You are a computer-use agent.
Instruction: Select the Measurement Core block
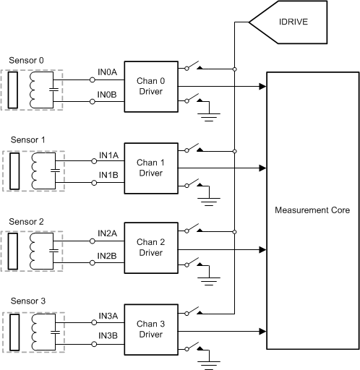(x=312, y=210)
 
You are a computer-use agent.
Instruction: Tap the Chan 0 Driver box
(x=150, y=87)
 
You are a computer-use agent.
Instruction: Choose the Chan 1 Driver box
(x=150, y=168)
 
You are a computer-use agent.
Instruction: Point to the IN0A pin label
(x=108, y=72)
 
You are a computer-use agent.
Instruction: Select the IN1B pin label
(x=108, y=176)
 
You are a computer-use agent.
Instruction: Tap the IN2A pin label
(x=108, y=233)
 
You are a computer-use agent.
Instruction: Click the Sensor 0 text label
(x=25, y=59)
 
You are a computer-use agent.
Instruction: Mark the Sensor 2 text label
(x=25, y=220)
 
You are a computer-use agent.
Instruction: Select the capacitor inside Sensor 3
(x=51, y=332)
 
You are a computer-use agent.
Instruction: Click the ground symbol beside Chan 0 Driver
(x=209, y=110)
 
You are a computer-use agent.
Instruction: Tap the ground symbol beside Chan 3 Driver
(x=209, y=355)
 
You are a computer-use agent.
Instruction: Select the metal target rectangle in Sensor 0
(x=12, y=90)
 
